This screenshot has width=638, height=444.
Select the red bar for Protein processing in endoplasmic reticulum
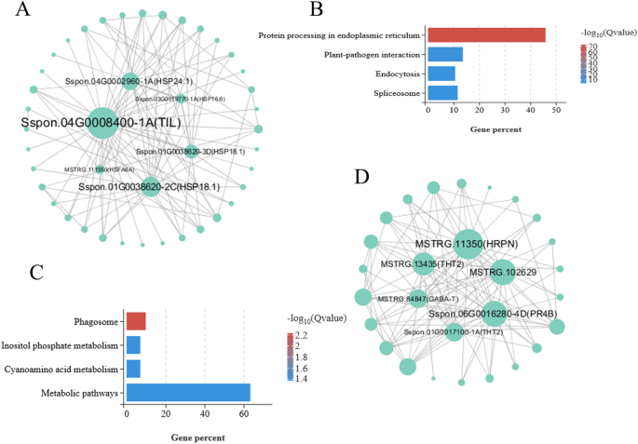coord(486,34)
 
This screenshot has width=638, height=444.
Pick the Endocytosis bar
coord(441,73)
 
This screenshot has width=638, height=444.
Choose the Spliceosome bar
coord(442,91)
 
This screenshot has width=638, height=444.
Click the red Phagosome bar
coord(136,321)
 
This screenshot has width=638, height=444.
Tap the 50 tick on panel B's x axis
coord(555,110)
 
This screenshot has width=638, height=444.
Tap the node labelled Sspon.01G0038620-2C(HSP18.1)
coord(150,187)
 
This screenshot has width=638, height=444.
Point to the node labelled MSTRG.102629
coord(488,271)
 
